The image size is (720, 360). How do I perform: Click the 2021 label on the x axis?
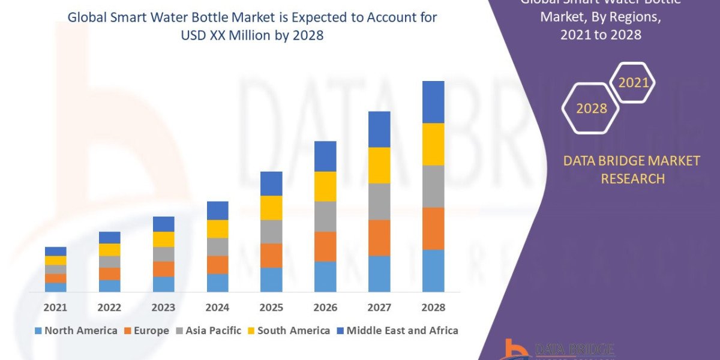(55, 307)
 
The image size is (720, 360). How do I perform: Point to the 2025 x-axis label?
(271, 307)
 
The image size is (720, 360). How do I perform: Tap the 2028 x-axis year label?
(433, 307)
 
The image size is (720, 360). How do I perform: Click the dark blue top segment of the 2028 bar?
(433, 102)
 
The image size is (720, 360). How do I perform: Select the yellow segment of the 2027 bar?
(379, 165)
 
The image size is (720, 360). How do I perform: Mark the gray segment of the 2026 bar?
(325, 216)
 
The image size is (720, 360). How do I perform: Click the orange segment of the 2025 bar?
(271, 255)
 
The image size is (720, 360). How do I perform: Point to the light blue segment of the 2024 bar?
(217, 283)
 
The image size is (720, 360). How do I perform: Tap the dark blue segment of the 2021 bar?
(55, 251)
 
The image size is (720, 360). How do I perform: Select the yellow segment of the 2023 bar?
(163, 239)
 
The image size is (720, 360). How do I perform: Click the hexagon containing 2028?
(591, 109)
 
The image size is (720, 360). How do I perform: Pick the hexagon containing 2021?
(633, 83)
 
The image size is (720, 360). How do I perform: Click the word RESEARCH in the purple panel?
(632, 179)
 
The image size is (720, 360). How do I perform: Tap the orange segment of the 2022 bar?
(109, 274)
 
